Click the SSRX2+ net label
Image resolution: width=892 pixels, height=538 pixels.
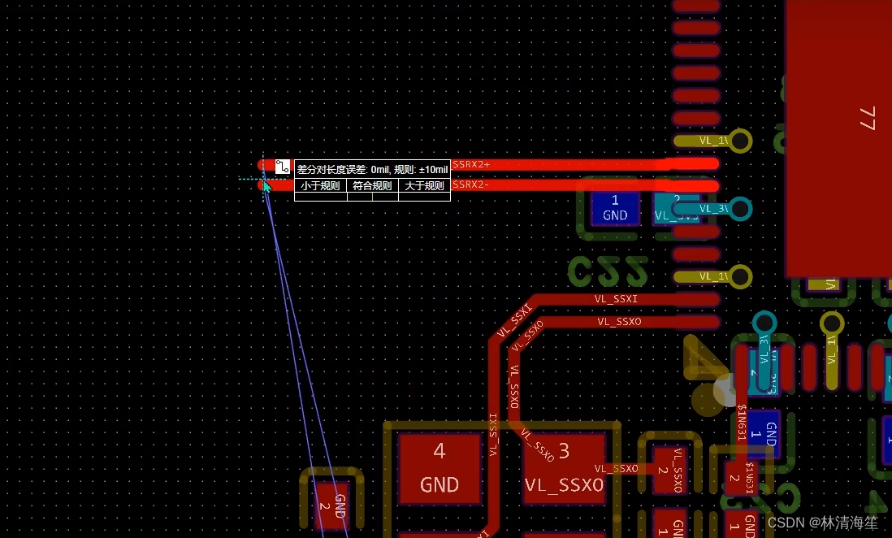[x=471, y=164]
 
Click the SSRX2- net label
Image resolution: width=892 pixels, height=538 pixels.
[x=471, y=184]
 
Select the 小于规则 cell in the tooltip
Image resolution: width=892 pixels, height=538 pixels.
[x=320, y=186]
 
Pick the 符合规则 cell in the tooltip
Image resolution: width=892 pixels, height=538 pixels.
[x=372, y=186]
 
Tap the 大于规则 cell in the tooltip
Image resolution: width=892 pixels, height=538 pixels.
[x=424, y=186]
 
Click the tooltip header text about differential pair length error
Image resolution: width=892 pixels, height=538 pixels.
[x=372, y=169]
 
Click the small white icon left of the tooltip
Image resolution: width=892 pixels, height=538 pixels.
[x=283, y=167]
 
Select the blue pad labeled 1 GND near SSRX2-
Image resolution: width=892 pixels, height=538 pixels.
[x=615, y=208]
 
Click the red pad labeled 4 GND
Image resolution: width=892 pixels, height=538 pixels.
[x=440, y=470]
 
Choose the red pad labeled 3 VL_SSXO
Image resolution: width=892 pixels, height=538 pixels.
[x=564, y=470]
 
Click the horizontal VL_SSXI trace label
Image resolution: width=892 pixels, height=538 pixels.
[x=616, y=299]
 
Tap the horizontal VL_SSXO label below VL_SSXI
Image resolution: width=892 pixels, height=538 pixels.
[x=619, y=322]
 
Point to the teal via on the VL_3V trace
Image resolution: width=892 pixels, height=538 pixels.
[x=739, y=208]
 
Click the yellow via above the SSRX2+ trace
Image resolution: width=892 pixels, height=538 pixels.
[x=739, y=141]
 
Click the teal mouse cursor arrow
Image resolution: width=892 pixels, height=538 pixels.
[x=266, y=186]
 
